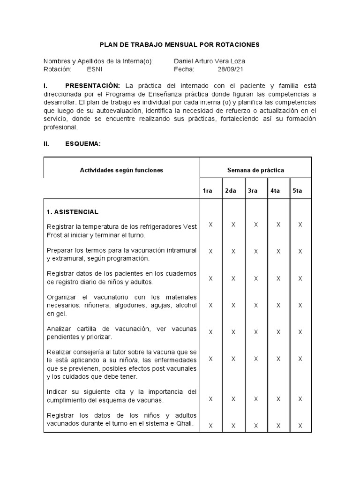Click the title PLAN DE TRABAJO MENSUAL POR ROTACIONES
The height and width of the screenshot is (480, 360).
(180, 45)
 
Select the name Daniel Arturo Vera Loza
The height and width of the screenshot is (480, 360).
(209, 61)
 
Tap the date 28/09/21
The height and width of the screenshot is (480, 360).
(228, 69)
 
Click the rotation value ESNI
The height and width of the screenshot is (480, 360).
(94, 69)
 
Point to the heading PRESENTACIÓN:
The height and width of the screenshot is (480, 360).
(92, 86)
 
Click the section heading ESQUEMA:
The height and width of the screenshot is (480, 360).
(82, 144)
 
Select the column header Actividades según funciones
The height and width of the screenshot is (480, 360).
(121, 170)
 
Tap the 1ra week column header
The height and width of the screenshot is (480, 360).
(208, 191)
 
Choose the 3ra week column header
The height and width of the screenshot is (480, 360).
(253, 191)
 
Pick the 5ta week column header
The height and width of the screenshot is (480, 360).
(297, 191)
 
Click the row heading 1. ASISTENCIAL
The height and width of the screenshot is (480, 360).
(73, 212)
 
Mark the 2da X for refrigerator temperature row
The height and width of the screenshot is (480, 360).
(233, 225)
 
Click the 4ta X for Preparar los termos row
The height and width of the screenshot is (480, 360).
(278, 251)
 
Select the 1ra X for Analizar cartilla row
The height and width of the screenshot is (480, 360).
(210, 332)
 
